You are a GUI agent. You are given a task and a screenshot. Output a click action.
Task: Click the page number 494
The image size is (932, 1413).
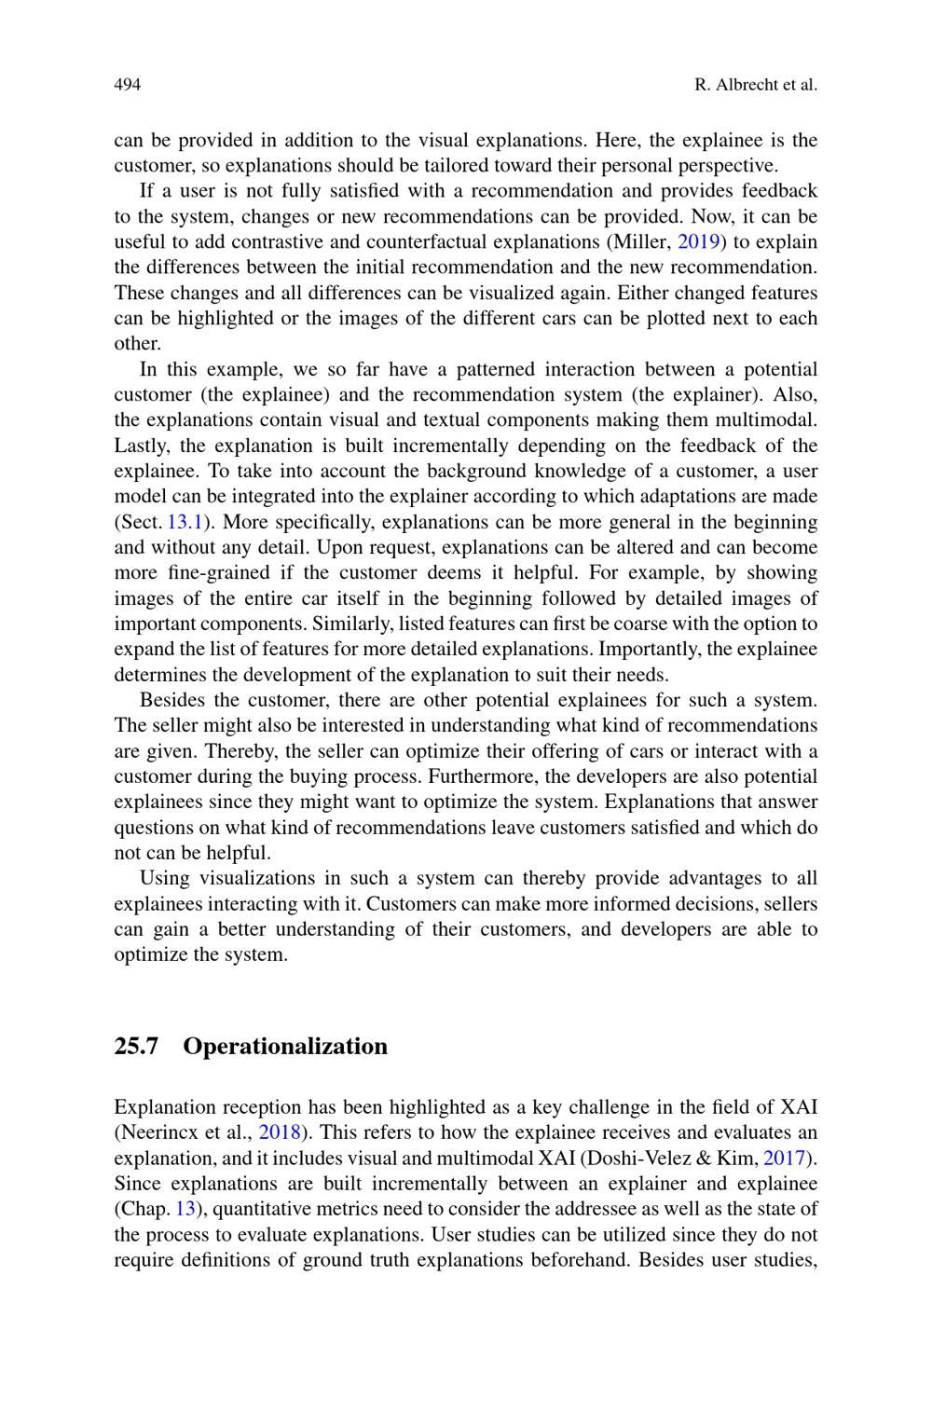pyautogui.click(x=127, y=85)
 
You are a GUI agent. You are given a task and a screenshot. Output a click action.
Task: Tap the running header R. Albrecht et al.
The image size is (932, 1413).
pyautogui.click(x=756, y=85)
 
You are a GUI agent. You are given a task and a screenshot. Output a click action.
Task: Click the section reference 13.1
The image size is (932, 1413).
pyautogui.click(x=185, y=522)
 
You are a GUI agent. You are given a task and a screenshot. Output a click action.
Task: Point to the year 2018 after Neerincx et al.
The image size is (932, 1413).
pyautogui.click(x=280, y=1133)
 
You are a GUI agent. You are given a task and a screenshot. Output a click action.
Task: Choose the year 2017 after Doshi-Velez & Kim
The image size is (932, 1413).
pyautogui.click(x=783, y=1159)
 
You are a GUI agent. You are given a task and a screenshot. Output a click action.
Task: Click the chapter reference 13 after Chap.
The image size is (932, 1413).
pyautogui.click(x=185, y=1210)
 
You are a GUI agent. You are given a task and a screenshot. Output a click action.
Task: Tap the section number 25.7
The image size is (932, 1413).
pyautogui.click(x=136, y=1047)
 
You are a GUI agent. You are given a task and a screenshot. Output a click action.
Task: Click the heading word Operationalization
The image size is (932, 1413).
pyautogui.click(x=285, y=1047)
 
